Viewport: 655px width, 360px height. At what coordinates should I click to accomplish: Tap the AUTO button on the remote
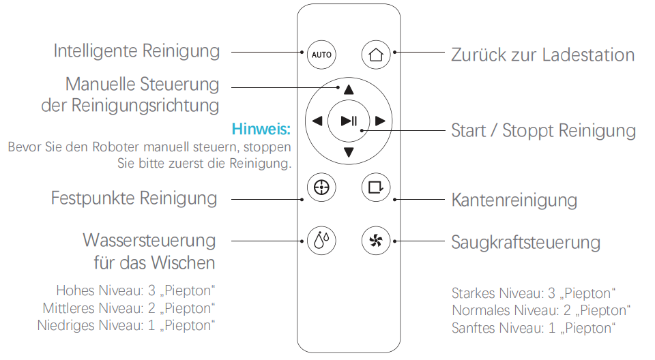[x=321, y=55]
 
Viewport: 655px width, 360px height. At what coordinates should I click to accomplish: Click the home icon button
[x=375, y=55]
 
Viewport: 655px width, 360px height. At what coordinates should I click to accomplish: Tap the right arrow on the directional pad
[x=381, y=121]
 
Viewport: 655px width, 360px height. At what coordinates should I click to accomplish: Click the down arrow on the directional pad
[x=349, y=152]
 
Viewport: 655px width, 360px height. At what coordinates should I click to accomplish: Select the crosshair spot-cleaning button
[x=321, y=187]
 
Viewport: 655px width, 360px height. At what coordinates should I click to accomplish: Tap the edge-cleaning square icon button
[x=375, y=187]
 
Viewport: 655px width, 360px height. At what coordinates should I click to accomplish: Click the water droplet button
[x=321, y=241]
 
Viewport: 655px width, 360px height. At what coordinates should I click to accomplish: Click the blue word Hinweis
[x=262, y=129]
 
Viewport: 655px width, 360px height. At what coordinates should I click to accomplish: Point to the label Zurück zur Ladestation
[x=542, y=55]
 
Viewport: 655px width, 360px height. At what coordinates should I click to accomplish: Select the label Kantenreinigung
[x=514, y=200]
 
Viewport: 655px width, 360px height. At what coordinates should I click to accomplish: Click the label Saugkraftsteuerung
[x=525, y=242]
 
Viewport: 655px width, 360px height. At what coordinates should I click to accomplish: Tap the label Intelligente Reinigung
[x=136, y=51]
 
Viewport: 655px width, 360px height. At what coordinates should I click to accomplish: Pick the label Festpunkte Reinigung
[x=134, y=198]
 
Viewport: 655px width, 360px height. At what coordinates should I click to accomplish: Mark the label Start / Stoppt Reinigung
[x=543, y=130]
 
